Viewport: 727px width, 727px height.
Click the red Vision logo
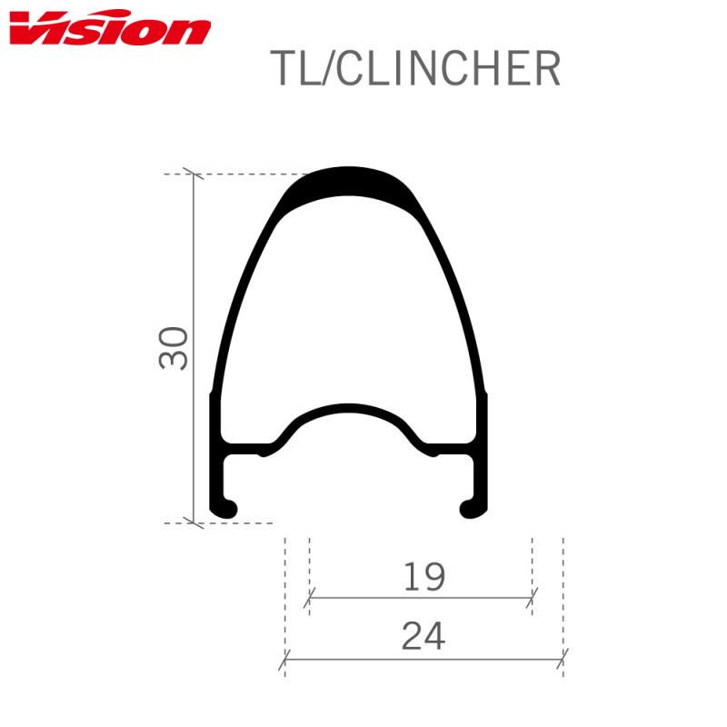click(109, 31)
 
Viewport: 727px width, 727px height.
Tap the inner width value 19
click(422, 577)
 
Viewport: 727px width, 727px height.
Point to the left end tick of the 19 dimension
click(309, 598)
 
